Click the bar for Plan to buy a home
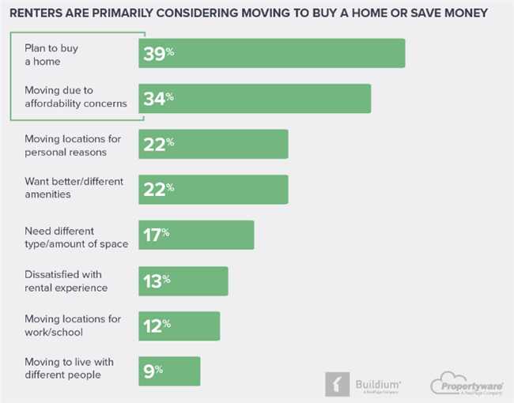(x=272, y=53)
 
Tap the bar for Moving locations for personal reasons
(x=214, y=144)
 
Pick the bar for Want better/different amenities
(x=214, y=190)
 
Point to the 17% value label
(x=156, y=235)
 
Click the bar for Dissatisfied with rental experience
(x=183, y=281)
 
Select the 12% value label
(x=156, y=326)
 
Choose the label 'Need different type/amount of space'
(x=75, y=236)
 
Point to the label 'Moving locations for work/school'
(x=72, y=326)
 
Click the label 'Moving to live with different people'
(x=69, y=368)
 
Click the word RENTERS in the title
(x=38, y=13)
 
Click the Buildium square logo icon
(x=337, y=383)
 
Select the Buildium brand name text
(x=376, y=380)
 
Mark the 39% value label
(x=158, y=53)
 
